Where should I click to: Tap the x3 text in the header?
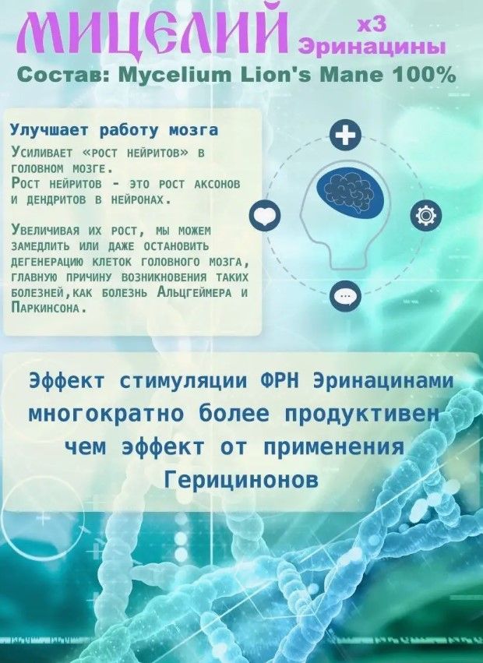[x=372, y=25]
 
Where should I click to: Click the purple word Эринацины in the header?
[x=372, y=47]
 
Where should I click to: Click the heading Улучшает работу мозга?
[x=115, y=130]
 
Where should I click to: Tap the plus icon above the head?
[x=346, y=136]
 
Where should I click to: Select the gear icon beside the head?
[x=426, y=215]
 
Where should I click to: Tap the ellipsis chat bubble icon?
[x=346, y=295]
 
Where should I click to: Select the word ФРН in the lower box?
[x=278, y=381]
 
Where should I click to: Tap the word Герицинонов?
[x=241, y=480]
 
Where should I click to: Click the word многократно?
[x=106, y=414]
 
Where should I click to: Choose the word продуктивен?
[x=362, y=414]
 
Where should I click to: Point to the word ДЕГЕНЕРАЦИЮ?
[x=47, y=262]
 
